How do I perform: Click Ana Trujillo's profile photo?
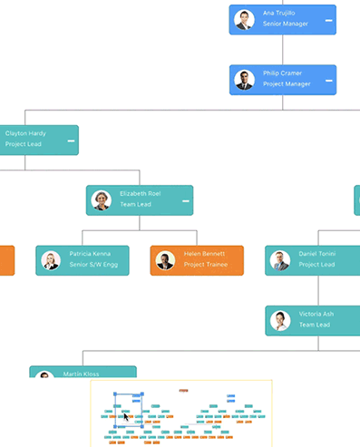click(243, 19)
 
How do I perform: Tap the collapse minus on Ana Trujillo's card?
click(328, 20)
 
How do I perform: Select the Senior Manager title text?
click(285, 24)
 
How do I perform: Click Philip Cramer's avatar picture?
click(243, 80)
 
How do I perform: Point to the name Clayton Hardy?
click(25, 133)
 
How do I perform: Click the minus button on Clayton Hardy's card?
click(70, 141)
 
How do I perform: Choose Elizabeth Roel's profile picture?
click(102, 200)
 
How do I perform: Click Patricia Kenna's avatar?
click(50, 260)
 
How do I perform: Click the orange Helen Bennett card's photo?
click(165, 260)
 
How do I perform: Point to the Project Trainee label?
click(206, 266)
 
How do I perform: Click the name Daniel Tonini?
click(316, 254)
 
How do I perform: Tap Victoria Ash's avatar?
click(281, 321)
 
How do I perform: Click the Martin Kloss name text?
click(83, 374)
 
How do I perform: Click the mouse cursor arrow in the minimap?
click(125, 415)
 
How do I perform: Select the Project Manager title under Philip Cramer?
click(287, 84)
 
